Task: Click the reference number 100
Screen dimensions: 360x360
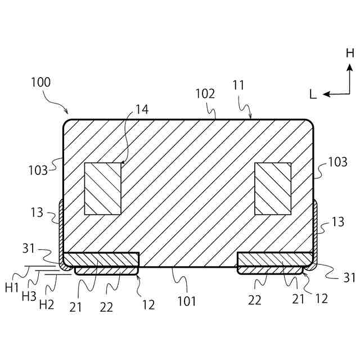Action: [40, 82]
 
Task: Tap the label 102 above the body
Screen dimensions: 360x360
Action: [205, 94]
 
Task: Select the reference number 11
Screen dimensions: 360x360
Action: [238, 85]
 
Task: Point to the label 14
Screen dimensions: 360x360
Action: [142, 110]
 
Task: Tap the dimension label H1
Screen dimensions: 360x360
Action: [12, 287]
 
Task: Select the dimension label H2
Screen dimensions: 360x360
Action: [46, 304]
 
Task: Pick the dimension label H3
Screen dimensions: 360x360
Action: [29, 296]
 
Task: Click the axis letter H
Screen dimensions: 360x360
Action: [350, 53]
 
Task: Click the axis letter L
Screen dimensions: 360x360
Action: [313, 94]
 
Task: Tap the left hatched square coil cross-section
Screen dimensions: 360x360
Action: [103, 189]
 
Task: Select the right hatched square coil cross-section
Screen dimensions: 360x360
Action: [273, 189]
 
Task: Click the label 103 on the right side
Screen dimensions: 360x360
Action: [337, 163]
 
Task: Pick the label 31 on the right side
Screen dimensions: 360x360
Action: [349, 277]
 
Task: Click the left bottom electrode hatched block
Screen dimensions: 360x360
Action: [101, 260]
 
